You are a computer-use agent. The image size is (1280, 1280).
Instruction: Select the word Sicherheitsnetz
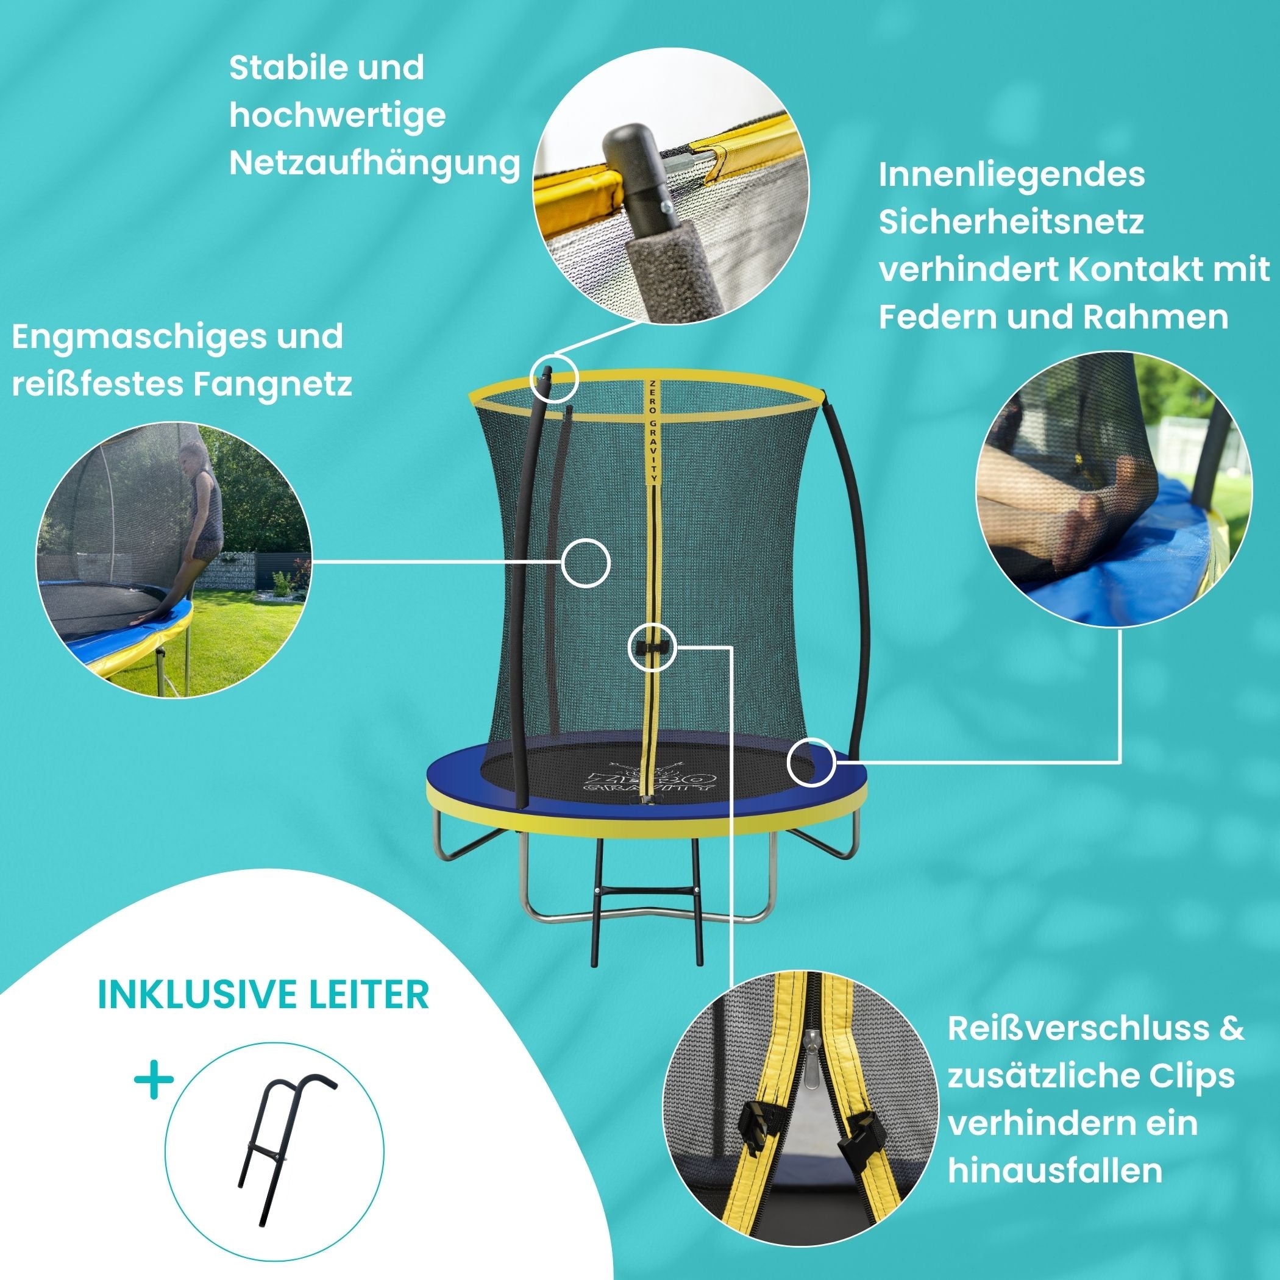coord(1012,222)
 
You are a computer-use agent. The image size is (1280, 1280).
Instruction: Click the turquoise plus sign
coord(154,1082)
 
